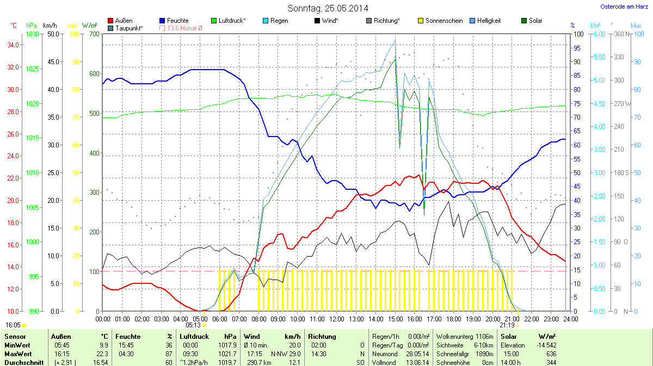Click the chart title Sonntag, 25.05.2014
click(328, 8)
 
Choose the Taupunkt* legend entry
click(129, 28)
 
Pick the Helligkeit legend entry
click(489, 21)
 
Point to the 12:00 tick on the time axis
click(336, 319)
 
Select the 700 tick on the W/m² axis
click(94, 34)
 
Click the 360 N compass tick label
click(620, 34)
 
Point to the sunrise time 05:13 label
click(193, 325)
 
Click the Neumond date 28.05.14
click(418, 354)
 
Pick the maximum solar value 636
click(551, 354)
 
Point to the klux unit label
click(636, 26)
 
